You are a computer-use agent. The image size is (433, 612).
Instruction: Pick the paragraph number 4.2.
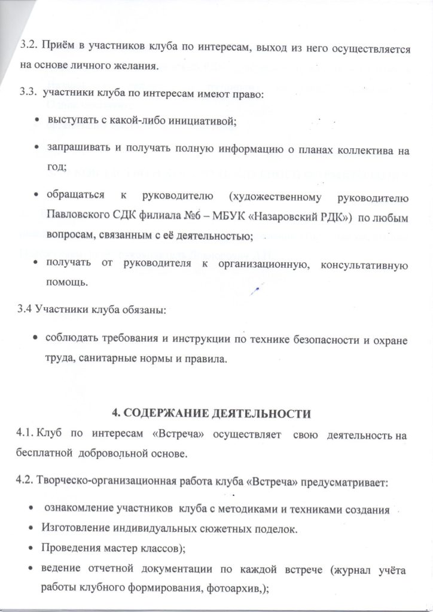point(27,481)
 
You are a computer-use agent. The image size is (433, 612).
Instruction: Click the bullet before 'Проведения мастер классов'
point(31,547)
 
